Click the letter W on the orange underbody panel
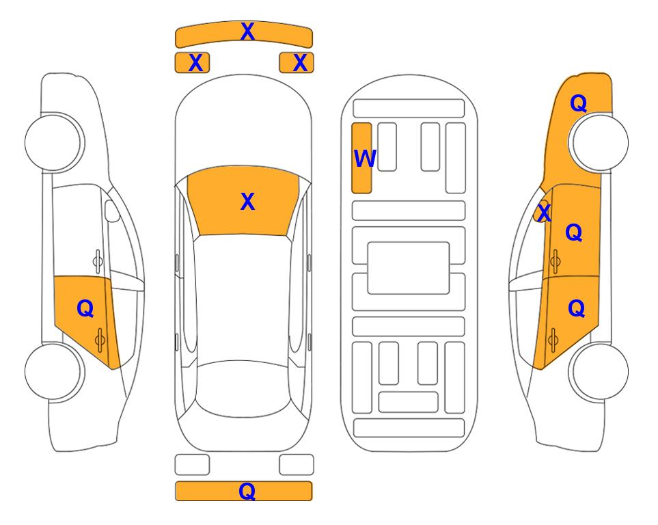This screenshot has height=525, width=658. (x=365, y=159)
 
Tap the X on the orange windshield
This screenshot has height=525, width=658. (x=247, y=202)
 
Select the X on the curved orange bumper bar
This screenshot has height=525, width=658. (x=247, y=31)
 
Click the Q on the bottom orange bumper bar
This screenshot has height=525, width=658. (x=247, y=491)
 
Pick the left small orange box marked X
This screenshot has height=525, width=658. (x=192, y=63)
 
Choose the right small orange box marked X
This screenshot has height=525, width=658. (x=297, y=63)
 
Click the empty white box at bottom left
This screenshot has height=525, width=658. (x=192, y=465)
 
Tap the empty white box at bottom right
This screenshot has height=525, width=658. (x=297, y=465)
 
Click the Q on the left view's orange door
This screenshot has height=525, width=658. (x=85, y=309)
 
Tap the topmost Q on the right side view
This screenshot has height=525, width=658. (x=578, y=103)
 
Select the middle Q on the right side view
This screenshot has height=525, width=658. (x=574, y=232)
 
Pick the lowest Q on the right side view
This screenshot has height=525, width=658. (x=576, y=309)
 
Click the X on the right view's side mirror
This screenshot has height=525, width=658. (x=544, y=212)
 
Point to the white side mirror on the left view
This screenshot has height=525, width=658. (x=112, y=211)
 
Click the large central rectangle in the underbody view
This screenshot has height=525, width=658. (x=409, y=268)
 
